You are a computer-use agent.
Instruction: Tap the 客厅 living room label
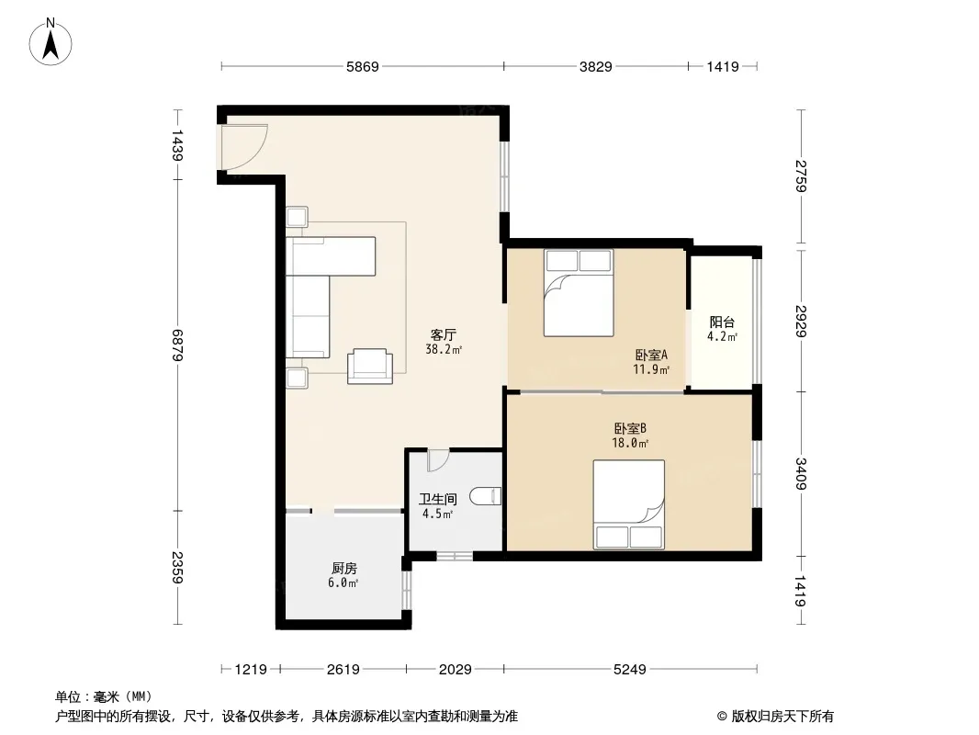pos(444,334)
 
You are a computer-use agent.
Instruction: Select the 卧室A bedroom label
pos(651,356)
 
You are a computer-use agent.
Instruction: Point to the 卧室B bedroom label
pos(630,428)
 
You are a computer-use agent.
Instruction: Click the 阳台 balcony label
pos(722,322)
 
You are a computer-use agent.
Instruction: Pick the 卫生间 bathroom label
pos(438,499)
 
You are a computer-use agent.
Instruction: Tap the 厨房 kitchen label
pos(344,569)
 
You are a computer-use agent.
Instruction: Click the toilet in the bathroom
pos(485,496)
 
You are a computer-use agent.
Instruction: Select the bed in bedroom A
pos(579,293)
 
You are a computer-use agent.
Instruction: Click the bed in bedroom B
pos(629,504)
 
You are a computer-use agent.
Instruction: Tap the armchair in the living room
pos(370,366)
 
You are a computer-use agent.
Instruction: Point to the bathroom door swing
pos(438,461)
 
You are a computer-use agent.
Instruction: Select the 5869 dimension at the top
pos(363,66)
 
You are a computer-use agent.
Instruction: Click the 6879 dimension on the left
pos(177,345)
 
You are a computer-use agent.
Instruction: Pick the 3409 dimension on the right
pos(801,474)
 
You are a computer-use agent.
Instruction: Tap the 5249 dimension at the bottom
pos(629,670)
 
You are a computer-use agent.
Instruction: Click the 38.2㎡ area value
pos(444,350)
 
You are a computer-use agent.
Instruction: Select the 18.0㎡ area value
pos(630,444)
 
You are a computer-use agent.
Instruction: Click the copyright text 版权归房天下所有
pos(782,717)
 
